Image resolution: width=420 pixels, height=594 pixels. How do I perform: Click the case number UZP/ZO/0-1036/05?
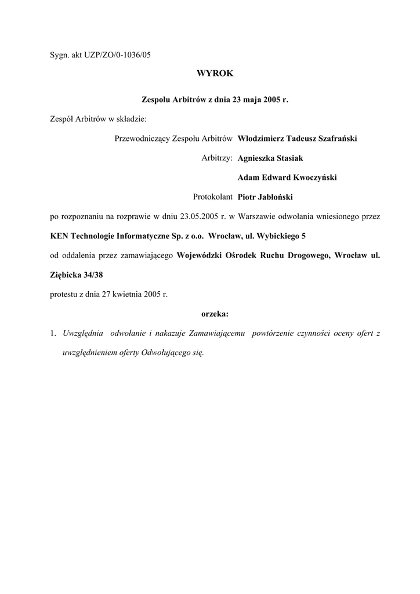[124, 55]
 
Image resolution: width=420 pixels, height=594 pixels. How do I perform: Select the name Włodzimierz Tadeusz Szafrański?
[297, 139]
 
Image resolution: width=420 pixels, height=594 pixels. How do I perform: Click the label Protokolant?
[212, 197]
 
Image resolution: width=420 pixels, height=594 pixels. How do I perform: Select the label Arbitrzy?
[217, 158]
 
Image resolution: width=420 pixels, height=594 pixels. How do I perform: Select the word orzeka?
[215, 314]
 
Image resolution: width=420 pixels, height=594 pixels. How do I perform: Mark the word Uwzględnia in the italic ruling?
[84, 334]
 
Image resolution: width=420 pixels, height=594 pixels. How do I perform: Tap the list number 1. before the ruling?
[53, 334]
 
